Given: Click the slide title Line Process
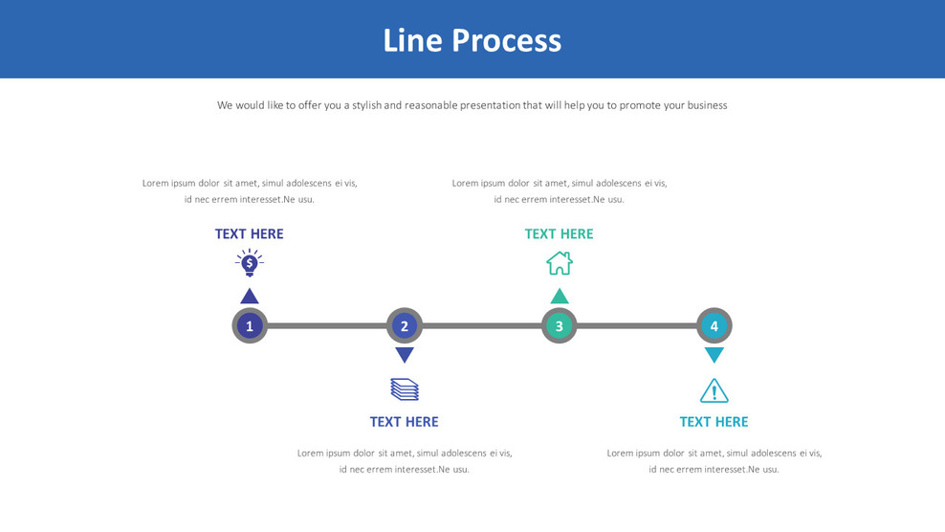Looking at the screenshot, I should (472, 40).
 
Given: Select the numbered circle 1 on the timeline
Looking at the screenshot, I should (250, 326).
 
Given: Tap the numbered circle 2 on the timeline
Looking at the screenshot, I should (405, 326).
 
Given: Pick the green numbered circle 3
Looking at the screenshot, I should (560, 326).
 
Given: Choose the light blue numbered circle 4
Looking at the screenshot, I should (714, 326).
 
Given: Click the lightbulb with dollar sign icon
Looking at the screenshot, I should (250, 263).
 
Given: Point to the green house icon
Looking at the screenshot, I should (560, 263).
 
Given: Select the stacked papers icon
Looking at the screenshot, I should (405, 389).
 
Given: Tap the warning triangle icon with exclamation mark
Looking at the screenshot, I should (714, 390).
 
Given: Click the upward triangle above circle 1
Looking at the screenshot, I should (250, 297).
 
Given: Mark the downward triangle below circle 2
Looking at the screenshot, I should (405, 355).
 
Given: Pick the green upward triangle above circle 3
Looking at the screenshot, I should (560, 297).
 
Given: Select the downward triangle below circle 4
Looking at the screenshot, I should (714, 355).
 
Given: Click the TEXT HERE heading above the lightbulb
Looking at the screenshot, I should (250, 233).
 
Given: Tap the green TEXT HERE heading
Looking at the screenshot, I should (560, 233).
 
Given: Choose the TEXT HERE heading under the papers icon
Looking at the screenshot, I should (405, 422).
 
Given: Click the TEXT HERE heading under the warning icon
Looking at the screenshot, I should (714, 422).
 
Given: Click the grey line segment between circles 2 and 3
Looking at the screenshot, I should (482, 326).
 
